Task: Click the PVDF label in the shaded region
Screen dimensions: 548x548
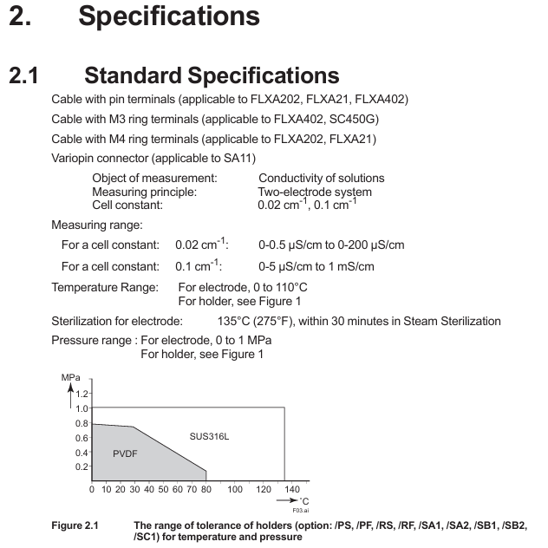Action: click(126, 453)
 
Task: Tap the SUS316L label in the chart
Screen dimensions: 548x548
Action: click(210, 435)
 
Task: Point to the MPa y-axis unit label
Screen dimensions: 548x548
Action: click(71, 378)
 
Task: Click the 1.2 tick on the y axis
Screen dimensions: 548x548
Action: click(82, 394)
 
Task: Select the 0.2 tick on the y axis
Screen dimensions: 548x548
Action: click(82, 466)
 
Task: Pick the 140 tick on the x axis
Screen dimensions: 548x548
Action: click(292, 490)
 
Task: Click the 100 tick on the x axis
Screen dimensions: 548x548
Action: click(235, 490)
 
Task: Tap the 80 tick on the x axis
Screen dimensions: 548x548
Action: click(206, 490)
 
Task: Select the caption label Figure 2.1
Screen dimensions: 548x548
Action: click(75, 525)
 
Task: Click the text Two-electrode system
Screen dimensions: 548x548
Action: click(315, 192)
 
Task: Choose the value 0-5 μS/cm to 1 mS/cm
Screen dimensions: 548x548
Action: click(316, 266)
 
